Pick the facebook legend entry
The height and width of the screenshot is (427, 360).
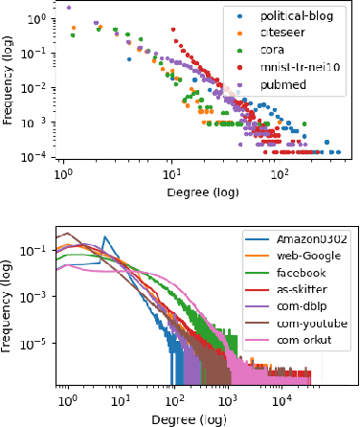tap(301, 274)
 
